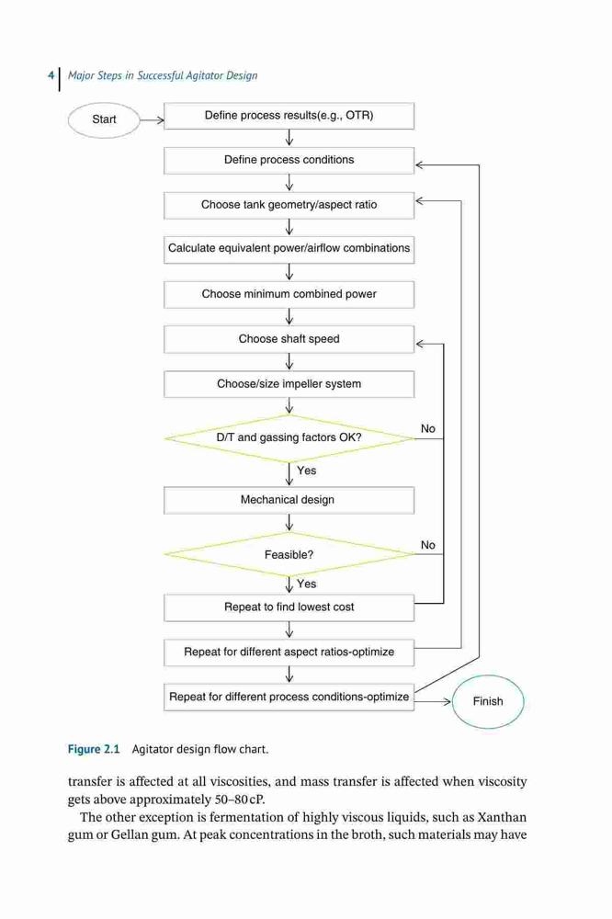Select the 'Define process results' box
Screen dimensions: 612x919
[289, 116]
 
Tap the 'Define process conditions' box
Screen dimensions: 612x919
[289, 160]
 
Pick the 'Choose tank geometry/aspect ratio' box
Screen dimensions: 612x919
[289, 205]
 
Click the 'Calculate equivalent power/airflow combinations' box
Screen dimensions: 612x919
[289, 249]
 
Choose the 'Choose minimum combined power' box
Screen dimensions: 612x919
[289, 294]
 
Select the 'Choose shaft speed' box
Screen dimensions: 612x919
[289, 339]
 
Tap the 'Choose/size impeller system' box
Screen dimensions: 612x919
[289, 384]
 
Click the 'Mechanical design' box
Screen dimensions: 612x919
[289, 500]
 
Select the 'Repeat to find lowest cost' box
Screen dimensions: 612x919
[289, 607]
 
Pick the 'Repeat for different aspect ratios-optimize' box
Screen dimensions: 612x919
[289, 652]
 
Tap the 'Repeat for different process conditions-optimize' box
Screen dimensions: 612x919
[289, 698]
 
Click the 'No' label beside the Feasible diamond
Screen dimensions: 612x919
[428, 545]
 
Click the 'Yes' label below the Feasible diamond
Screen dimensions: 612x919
[307, 584]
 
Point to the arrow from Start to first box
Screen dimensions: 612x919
[153, 120]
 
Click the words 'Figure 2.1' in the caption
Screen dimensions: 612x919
[94, 749]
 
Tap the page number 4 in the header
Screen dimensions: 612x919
[51, 75]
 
